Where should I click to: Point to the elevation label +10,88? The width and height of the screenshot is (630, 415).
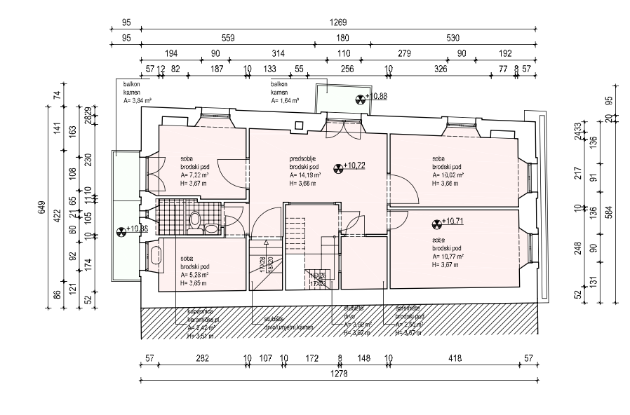tap(361, 99)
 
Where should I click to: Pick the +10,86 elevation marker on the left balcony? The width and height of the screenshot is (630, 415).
tap(121, 229)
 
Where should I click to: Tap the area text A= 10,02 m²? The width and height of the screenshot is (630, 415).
tap(449, 175)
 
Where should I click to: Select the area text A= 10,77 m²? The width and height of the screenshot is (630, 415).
tap(448, 256)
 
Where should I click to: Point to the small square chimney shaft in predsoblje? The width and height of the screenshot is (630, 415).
tap(300, 126)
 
